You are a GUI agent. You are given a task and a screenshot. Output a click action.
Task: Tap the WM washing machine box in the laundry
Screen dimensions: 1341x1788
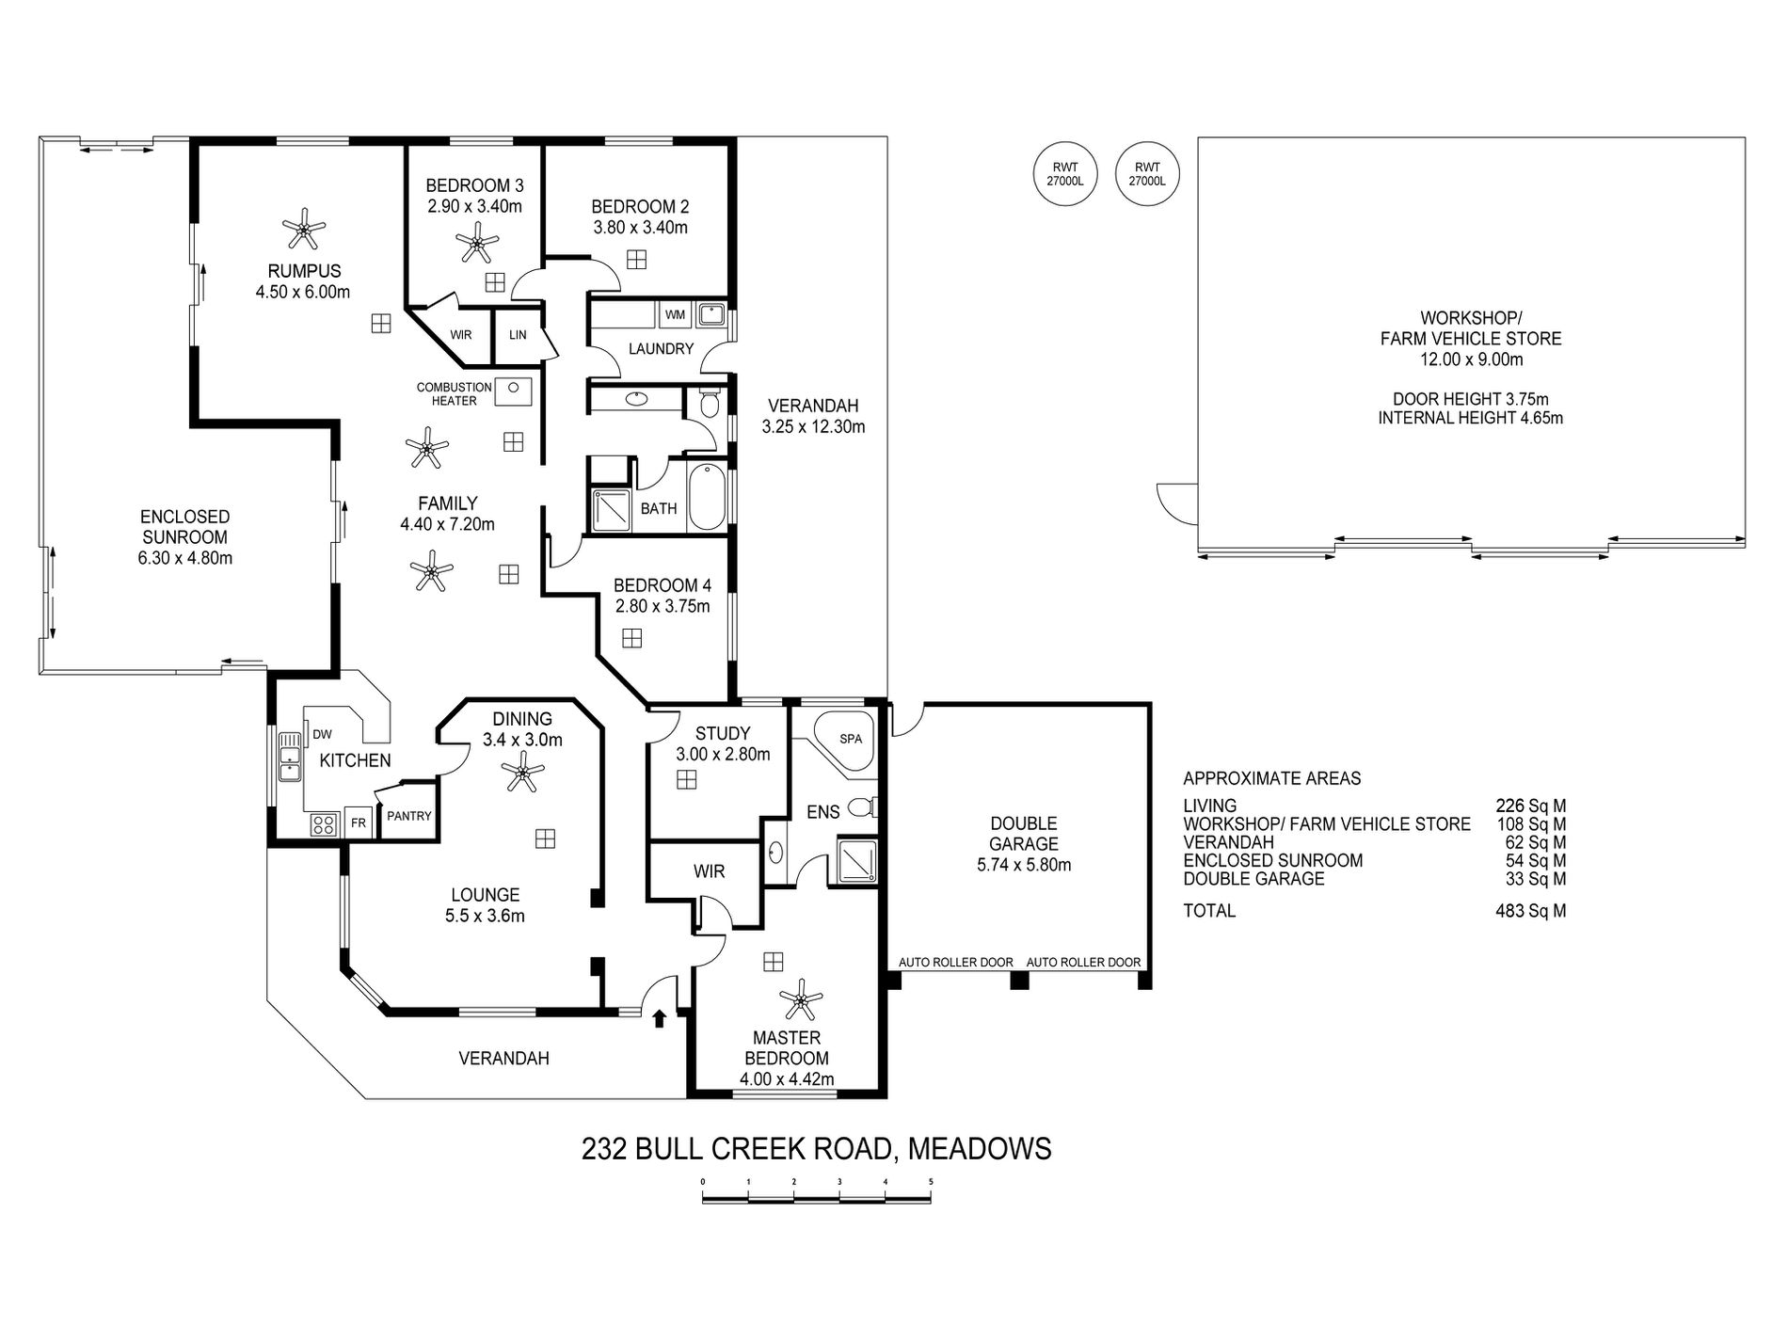[x=675, y=314]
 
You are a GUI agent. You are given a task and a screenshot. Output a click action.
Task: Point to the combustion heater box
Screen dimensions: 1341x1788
[x=514, y=390]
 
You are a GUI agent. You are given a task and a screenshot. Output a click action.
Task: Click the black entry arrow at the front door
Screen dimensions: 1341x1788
[x=660, y=1017]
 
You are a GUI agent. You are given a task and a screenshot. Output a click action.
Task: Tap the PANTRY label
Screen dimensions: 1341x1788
[x=408, y=816]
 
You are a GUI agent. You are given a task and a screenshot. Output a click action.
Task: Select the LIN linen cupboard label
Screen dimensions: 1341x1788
[x=518, y=335]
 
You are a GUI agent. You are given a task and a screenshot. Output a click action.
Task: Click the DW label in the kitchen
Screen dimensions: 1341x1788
[x=322, y=734]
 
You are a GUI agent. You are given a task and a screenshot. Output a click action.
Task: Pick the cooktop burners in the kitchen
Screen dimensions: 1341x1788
[x=323, y=824]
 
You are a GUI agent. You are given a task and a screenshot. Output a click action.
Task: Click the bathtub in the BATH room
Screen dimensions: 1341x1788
[x=706, y=498]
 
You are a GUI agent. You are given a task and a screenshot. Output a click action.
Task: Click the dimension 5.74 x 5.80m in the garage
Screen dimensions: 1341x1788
[x=1024, y=865]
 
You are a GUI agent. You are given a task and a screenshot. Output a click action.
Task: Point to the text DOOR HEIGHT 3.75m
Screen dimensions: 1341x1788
[x=1470, y=398]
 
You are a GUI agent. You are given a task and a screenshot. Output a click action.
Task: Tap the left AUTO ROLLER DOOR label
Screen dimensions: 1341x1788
[x=955, y=962]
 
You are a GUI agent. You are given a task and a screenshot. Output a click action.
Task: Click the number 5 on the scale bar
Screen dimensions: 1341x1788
[x=930, y=1181]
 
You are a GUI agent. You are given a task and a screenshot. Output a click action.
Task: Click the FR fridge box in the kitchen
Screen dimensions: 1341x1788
[x=358, y=822]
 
